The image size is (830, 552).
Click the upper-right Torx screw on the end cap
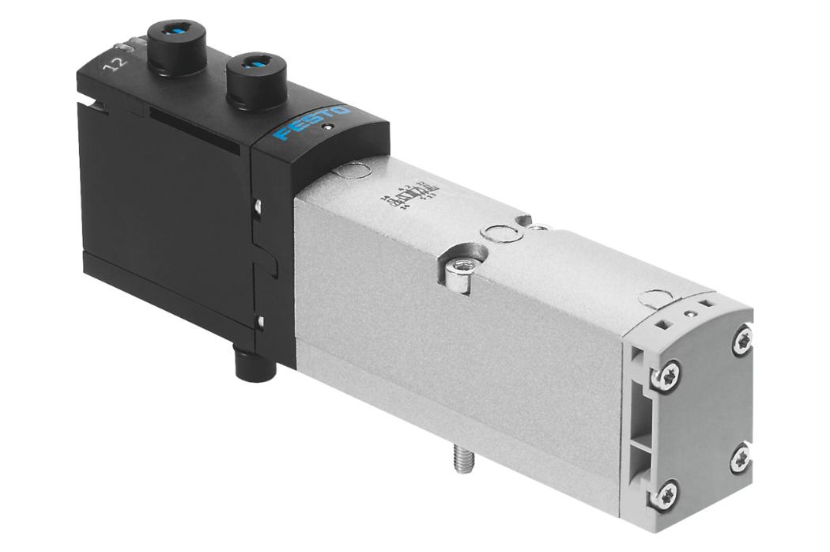[744, 339]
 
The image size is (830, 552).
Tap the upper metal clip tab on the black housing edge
[259, 207]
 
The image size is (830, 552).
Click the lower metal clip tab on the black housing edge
[259, 320]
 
